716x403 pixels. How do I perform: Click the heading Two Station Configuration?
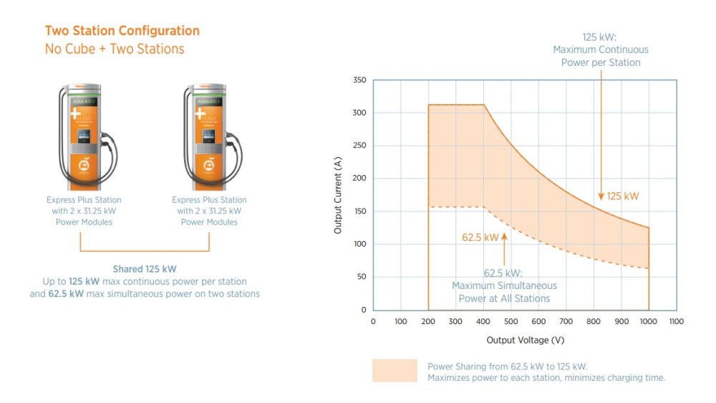(x=122, y=31)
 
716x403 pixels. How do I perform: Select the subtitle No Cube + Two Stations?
(x=115, y=49)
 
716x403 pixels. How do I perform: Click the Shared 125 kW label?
(x=144, y=269)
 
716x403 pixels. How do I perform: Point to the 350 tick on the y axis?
(x=359, y=80)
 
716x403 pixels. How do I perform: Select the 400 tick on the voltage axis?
(x=483, y=321)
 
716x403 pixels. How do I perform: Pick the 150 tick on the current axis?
(x=359, y=212)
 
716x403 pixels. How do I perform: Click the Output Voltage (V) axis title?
(x=525, y=340)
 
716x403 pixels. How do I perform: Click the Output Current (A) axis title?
(x=338, y=195)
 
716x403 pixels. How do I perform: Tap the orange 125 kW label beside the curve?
(x=622, y=196)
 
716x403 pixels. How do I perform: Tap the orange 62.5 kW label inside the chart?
(x=480, y=237)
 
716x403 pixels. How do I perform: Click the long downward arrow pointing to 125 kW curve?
(x=601, y=136)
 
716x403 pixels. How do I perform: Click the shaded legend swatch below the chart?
(x=394, y=371)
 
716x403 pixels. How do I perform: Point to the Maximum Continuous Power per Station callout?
(x=601, y=49)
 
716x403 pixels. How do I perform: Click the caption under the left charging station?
(x=84, y=211)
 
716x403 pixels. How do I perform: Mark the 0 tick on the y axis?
(x=364, y=310)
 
